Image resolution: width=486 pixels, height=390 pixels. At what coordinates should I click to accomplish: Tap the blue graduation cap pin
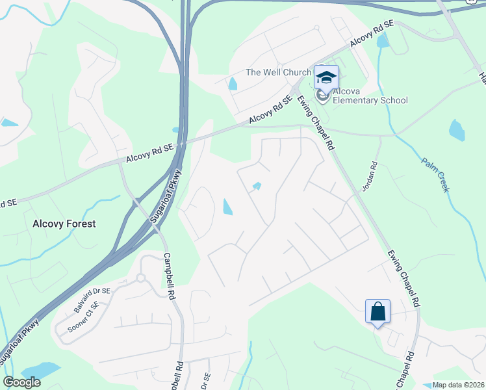click(x=326, y=78)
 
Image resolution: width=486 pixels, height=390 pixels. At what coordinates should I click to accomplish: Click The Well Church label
click(x=278, y=72)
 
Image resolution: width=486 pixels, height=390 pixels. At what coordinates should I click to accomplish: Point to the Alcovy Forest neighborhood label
click(x=64, y=224)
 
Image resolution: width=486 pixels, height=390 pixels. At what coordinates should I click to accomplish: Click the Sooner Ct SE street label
click(x=79, y=317)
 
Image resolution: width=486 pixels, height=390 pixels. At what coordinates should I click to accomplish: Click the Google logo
click(x=21, y=382)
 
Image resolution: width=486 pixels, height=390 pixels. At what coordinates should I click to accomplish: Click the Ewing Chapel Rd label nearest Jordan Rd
click(x=315, y=124)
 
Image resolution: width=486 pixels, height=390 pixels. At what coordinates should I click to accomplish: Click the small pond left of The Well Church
click(x=233, y=84)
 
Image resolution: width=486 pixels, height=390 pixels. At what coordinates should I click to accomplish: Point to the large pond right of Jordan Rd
click(x=457, y=130)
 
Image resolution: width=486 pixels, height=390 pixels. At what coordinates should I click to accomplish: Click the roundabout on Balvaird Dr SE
click(x=140, y=278)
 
